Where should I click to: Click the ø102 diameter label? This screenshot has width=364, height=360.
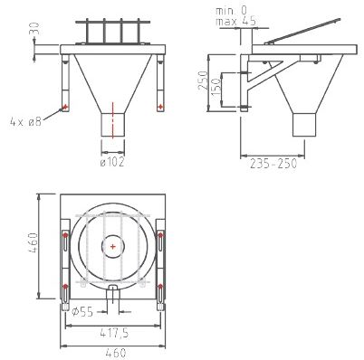(112, 162)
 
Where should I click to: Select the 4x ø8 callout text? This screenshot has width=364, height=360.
(25, 122)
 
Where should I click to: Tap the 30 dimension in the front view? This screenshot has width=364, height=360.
(34, 29)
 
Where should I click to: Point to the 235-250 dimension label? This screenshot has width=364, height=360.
(273, 164)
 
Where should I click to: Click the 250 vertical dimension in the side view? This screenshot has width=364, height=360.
(203, 80)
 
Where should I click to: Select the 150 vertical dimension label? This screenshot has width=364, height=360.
(216, 87)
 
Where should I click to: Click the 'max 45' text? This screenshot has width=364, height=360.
(235, 21)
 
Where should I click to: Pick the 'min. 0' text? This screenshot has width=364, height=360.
(231, 11)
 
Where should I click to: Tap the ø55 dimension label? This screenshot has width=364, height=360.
(82, 312)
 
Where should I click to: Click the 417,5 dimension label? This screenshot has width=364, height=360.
(114, 333)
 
